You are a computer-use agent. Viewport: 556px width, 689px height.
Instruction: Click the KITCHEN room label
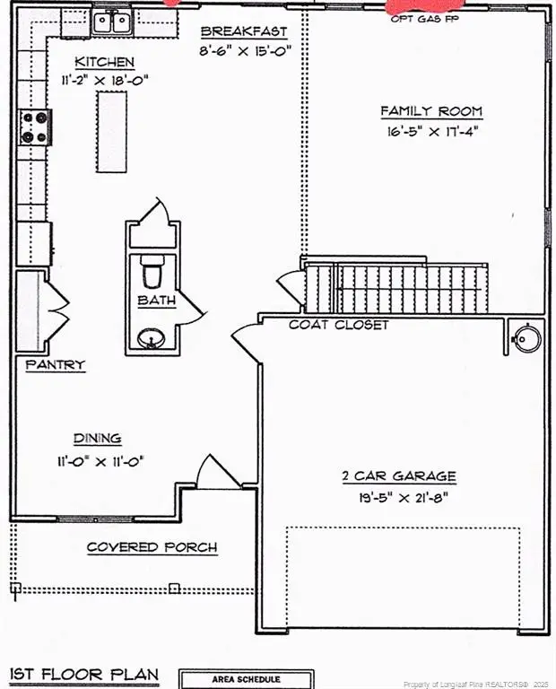(104, 62)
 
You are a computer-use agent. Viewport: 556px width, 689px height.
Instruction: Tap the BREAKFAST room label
(244, 31)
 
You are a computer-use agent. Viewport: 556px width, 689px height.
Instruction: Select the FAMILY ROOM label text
(430, 111)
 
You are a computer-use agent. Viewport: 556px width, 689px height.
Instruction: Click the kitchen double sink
(113, 21)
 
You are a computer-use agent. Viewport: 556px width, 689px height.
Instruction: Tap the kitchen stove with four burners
(35, 127)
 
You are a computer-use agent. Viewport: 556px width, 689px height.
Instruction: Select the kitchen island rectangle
(111, 131)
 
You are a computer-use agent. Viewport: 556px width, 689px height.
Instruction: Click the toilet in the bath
(152, 270)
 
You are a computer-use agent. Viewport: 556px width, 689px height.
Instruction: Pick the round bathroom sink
(152, 338)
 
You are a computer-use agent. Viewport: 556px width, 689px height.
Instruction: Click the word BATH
(156, 301)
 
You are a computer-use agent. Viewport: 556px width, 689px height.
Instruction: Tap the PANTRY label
(55, 365)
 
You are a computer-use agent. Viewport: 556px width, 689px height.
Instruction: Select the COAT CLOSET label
(338, 324)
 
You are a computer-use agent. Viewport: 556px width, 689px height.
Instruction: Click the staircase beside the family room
(395, 287)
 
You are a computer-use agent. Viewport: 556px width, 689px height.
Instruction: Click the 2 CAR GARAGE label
(398, 476)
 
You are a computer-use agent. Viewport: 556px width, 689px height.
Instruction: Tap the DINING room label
(97, 439)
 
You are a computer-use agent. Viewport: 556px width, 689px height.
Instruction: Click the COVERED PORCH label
(152, 547)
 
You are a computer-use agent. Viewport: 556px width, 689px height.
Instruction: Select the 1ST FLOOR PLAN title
(83, 674)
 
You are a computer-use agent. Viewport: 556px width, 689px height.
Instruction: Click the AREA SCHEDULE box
(246, 679)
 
